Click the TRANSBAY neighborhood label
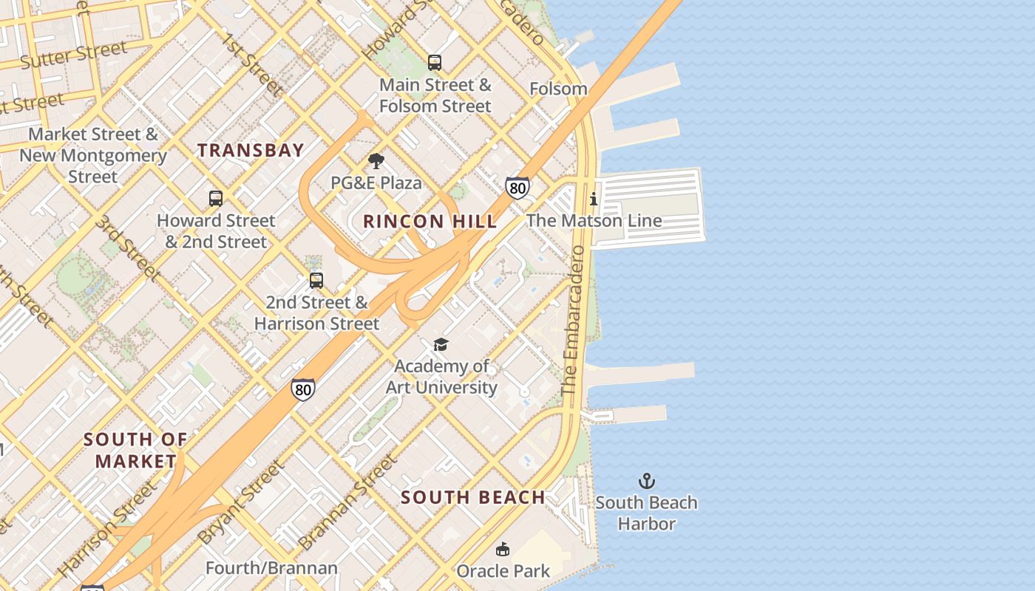251,150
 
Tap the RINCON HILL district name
430,221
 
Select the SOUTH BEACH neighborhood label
473,497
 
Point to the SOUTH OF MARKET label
135,450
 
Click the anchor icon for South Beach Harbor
647,482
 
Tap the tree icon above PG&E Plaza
376,161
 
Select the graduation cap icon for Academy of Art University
441,344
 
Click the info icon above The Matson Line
594,199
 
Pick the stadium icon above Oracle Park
503,549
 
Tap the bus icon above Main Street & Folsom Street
435,63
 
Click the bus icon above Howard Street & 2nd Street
216,198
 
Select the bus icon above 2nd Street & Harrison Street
316,281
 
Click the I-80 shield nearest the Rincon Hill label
517,188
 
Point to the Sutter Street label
73,55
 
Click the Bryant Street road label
241,502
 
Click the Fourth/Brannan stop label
271,568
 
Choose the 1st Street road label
253,64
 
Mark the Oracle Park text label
503,571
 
